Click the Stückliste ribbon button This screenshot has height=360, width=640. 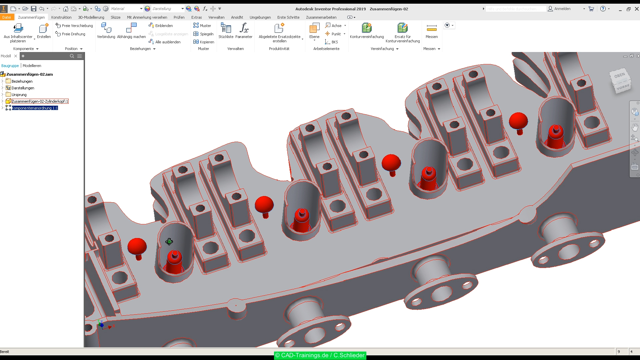coord(226,30)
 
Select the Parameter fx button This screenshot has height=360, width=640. coord(244,30)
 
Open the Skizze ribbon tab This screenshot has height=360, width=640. coord(115,17)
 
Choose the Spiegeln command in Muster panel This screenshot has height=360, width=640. coord(203,34)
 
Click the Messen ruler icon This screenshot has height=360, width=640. coord(431,29)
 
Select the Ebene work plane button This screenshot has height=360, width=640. coord(314,30)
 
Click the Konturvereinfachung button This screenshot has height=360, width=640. coord(367,30)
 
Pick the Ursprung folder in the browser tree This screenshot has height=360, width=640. coord(19,95)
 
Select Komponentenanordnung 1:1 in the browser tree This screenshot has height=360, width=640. coord(35,108)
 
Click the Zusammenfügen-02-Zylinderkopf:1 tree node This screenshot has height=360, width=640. coord(40,101)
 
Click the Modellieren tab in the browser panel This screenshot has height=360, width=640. coord(32,66)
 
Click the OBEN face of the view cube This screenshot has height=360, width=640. coord(619,76)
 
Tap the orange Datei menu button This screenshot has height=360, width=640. coord(7,17)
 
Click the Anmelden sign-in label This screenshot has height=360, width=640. coord(562,9)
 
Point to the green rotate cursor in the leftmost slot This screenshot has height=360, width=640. coord(169,242)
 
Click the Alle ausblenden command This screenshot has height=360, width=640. coord(168,42)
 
